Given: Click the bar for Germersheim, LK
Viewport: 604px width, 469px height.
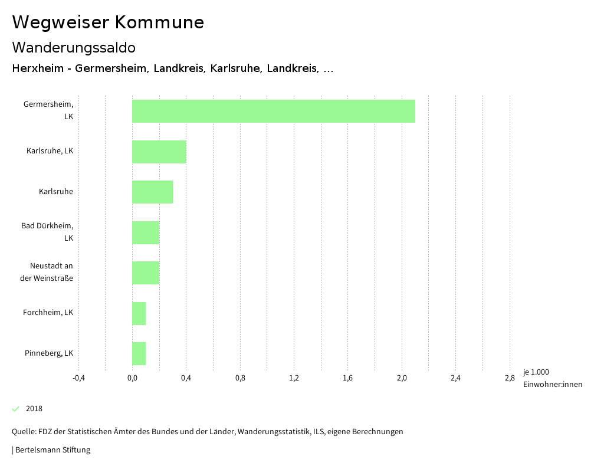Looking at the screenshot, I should click(273, 111).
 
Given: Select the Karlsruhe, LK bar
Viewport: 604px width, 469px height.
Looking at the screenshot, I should click(159, 152).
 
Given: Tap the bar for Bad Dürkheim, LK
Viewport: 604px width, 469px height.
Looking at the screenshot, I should click(145, 232).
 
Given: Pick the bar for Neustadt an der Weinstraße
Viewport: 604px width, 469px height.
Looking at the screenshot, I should click(145, 273).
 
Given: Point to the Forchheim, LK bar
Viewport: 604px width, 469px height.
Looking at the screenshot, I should click(139, 313).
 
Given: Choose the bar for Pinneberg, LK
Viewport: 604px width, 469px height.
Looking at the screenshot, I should click(139, 353).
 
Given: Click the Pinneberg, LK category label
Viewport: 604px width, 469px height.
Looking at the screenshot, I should click(49, 353).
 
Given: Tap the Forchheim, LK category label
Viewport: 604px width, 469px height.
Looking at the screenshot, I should click(48, 313).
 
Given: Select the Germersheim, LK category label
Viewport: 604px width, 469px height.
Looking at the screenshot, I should click(48, 110).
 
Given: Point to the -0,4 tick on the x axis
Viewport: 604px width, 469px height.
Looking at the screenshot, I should click(78, 378).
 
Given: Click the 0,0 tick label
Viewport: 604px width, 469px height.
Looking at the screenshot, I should click(132, 378).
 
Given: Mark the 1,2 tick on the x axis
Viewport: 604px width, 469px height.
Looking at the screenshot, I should click(294, 378).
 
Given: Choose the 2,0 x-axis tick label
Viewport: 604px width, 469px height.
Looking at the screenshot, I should click(402, 378).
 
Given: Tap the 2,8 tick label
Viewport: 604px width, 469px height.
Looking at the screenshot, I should click(510, 378).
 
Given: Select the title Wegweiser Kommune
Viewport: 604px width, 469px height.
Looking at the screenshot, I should click(108, 22).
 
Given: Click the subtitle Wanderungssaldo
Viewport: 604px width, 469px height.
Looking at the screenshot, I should click(74, 47).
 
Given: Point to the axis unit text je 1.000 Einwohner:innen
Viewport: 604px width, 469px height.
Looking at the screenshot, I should click(552, 378).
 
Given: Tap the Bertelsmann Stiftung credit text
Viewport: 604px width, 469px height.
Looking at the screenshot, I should click(52, 450).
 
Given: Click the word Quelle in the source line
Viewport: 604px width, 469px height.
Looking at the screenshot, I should click(23, 432).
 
